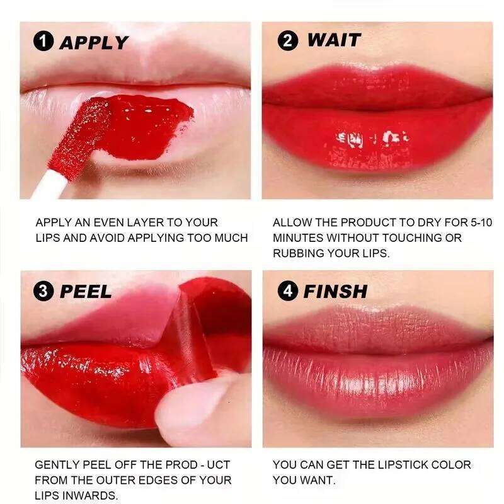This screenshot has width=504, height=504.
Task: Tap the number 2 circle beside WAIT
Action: pyautogui.click(x=287, y=41)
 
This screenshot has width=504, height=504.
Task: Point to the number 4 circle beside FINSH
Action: pyautogui.click(x=288, y=291)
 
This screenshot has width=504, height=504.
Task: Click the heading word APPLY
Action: pyautogui.click(x=93, y=42)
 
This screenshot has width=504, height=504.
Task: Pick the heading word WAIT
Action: pyautogui.click(x=333, y=40)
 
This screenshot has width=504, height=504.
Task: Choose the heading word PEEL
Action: pyautogui.click(x=86, y=291)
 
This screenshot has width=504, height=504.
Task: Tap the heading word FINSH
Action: pyautogui.click(x=335, y=291)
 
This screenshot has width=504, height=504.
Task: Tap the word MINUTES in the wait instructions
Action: pyautogui.click(x=298, y=238)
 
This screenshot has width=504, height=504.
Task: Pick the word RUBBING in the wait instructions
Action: pyautogui.click(x=299, y=253)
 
